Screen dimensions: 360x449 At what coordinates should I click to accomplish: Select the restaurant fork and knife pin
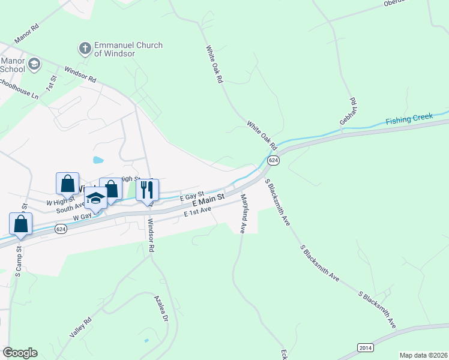point(147,190)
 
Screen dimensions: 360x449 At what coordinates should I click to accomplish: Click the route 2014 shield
point(366,347)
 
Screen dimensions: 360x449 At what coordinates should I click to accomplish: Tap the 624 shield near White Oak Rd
point(273,161)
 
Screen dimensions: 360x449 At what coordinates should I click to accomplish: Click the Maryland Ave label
point(244,214)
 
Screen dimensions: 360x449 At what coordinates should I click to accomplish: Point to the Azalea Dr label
point(160,308)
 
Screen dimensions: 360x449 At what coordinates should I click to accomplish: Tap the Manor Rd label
point(26,34)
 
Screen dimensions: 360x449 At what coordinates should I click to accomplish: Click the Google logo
point(20,353)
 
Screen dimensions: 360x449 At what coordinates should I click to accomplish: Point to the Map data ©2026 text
point(423,355)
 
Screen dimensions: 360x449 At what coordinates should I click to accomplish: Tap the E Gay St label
point(191,196)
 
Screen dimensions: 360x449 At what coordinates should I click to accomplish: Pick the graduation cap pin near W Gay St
point(95,197)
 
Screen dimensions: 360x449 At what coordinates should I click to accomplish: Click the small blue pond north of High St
point(98,160)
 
